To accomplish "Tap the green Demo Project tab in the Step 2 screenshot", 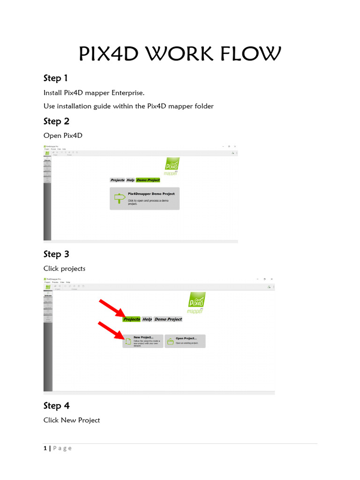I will pyautogui.click(x=148, y=180).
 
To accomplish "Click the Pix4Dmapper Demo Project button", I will pyautogui.click(x=144, y=199).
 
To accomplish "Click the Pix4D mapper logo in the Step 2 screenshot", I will pyautogui.click(x=172, y=166).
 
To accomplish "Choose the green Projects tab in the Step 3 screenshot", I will pyautogui.click(x=132, y=319).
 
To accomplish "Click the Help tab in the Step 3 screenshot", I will pyautogui.click(x=147, y=319).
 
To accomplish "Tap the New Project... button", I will pyautogui.click(x=143, y=341).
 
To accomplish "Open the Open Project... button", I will pyautogui.click(x=185, y=341).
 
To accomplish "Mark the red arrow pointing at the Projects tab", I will pyautogui.click(x=112, y=307).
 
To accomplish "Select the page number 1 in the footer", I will pyautogui.click(x=45, y=448).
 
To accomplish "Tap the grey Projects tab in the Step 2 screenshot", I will pyautogui.click(x=117, y=180).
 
